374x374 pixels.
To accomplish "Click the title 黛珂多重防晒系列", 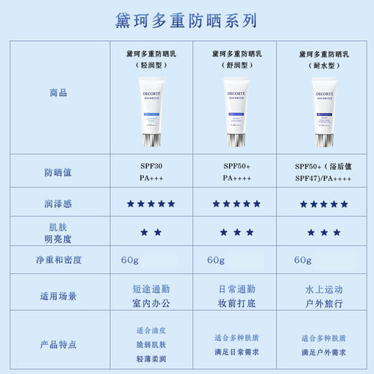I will pos(186,20).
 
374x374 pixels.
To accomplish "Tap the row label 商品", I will pos(59,93).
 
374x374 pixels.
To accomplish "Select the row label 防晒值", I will pos(59,173).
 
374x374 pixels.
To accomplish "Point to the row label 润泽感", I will pos(59,204).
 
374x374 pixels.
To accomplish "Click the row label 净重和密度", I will pos(59,260).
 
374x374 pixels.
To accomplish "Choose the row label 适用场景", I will pos(59,296).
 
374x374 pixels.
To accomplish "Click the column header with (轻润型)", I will pos(151,59).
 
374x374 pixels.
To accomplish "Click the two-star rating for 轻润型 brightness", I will pos(151,232).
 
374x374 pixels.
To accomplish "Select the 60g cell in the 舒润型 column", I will pos(216,260).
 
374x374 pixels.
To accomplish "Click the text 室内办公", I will pos(151,303).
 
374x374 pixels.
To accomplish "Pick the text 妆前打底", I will pos(237,303).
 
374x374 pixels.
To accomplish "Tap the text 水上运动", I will pos(323,288).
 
